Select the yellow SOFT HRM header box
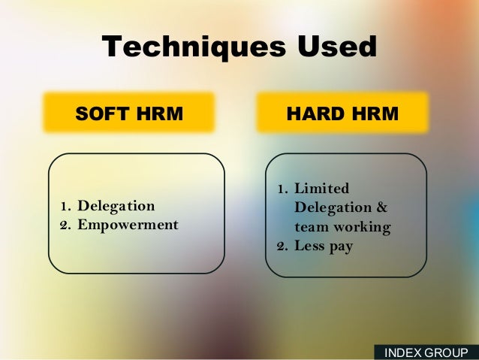tap(129, 113)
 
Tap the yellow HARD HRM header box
tap(342, 113)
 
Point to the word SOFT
tap(103, 113)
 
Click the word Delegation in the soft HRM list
tap(116, 206)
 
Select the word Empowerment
tap(128, 225)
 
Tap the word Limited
tap(321, 188)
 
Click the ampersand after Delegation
tap(381, 207)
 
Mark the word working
tap(363, 227)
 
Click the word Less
tap(310, 246)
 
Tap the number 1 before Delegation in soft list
tap(65, 206)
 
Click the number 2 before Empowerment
tap(65, 225)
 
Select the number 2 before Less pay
tap(281, 246)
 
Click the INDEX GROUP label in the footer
tap(426, 352)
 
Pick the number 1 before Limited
tap(281, 188)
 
